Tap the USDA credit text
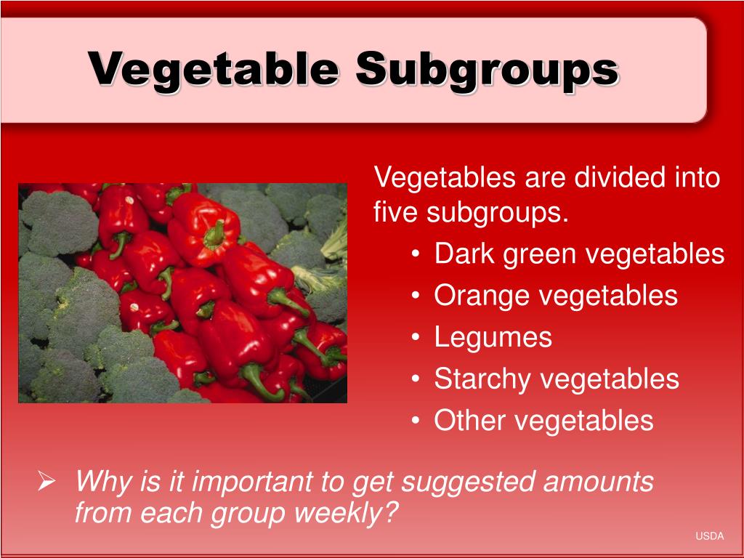tap(709, 536)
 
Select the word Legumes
tap(493, 338)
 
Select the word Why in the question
tap(102, 481)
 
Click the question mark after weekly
tap(392, 513)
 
